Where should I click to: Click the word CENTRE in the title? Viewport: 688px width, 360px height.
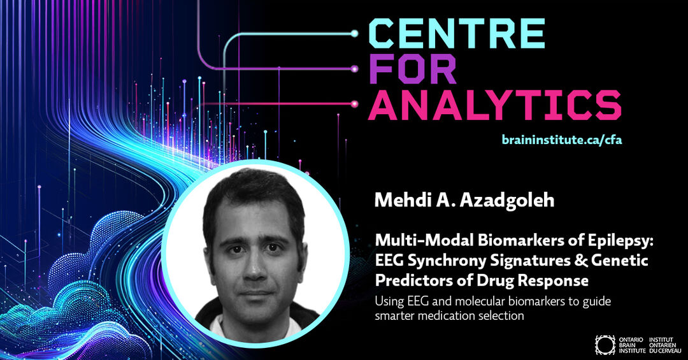(457, 33)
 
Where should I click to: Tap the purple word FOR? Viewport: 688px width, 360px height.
(412, 69)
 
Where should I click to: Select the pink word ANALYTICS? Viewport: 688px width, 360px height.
(495, 105)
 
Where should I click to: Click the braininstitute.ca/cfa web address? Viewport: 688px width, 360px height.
(562, 140)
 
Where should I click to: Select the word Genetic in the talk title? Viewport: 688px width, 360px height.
(620, 261)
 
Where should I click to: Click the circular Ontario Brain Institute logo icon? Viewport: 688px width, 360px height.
(605, 345)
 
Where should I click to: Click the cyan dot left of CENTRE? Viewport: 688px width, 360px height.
(355, 33)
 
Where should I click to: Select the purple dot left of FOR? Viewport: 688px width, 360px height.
(355, 69)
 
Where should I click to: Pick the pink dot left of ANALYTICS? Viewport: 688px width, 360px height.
(355, 104)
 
